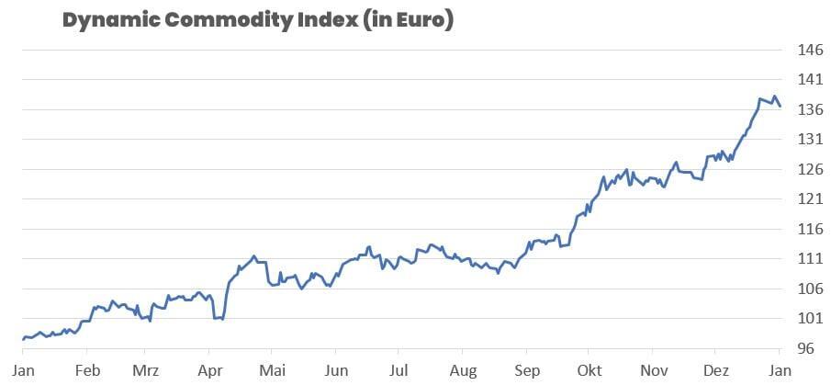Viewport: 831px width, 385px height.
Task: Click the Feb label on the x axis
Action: point(86,372)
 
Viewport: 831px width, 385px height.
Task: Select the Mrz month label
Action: point(147,372)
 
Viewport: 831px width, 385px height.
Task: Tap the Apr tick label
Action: point(209,372)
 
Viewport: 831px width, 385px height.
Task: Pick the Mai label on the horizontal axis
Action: point(272,372)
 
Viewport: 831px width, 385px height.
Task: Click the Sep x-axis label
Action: point(526,372)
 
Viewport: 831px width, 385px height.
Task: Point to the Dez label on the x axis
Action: point(715,372)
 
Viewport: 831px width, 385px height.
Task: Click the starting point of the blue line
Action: point(24,339)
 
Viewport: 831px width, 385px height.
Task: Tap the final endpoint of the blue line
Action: point(780,107)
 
